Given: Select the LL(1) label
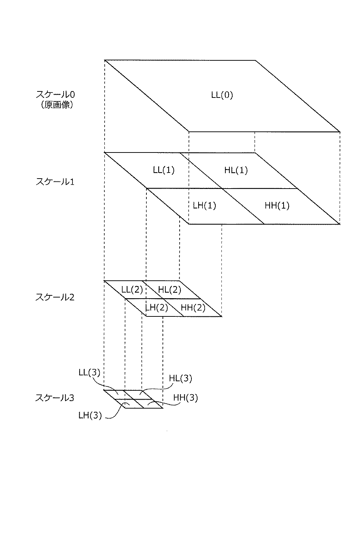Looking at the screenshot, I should [164, 170].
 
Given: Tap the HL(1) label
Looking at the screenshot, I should [236, 170].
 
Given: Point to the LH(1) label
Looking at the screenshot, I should [205, 205].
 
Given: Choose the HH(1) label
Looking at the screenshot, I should [277, 205].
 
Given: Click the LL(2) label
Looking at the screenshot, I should [132, 290].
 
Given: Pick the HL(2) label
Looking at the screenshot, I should [169, 290].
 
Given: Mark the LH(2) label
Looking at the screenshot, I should [157, 308].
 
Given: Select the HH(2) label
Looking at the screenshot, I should [193, 308].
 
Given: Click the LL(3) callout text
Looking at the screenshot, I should [89, 372].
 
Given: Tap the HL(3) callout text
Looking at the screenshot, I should [180, 379].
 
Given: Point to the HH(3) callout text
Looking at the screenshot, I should [185, 397].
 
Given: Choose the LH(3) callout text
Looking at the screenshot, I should [90, 416].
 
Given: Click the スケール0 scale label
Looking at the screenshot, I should [55, 95].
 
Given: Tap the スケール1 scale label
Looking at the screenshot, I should [55, 181].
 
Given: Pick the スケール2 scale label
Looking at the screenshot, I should [55, 297].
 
